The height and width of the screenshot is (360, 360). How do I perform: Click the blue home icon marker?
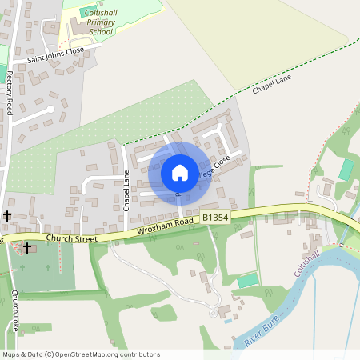[x=180, y=172]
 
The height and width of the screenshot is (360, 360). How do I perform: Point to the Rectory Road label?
[x=10, y=93]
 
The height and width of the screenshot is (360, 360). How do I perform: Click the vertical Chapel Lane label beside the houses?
[x=126, y=190]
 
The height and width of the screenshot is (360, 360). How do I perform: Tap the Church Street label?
[x=71, y=238]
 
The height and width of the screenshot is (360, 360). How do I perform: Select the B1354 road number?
[x=216, y=217]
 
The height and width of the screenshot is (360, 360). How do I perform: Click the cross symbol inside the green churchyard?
[x=26, y=248]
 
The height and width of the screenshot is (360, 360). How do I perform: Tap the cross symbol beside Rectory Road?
[x=7, y=215]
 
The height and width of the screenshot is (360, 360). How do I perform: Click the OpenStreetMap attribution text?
[x=81, y=354]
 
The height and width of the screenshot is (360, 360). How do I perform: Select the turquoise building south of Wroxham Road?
[x=249, y=280]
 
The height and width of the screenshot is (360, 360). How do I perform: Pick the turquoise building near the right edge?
[x=346, y=169]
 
